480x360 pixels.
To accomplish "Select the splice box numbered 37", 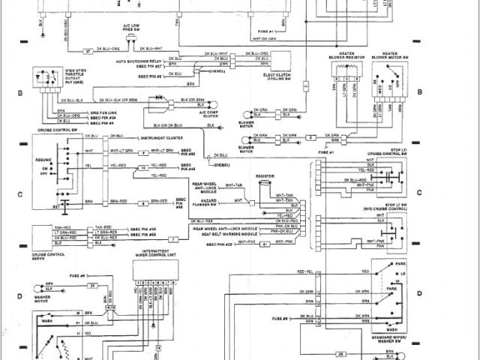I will [88, 50].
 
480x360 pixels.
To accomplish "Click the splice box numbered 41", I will [264, 244].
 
